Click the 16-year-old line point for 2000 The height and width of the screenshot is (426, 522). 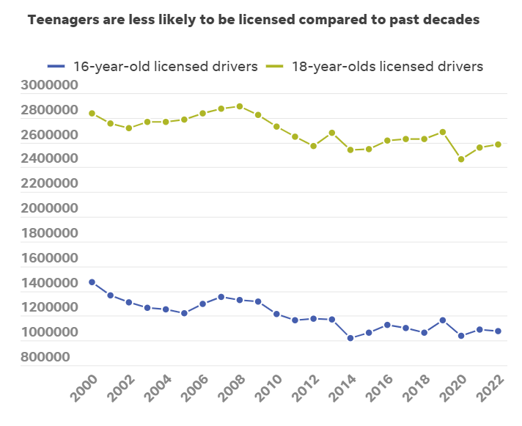[x=92, y=282]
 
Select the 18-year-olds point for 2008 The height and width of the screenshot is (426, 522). [x=240, y=106]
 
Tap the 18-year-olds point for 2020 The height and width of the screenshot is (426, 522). [x=461, y=159]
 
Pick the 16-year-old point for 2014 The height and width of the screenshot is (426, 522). [x=350, y=338]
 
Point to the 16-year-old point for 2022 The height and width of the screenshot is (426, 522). [x=498, y=331]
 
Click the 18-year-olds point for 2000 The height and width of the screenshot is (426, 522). [x=92, y=114]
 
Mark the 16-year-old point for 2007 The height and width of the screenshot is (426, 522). [x=221, y=297]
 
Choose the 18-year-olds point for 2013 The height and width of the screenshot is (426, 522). [x=332, y=133]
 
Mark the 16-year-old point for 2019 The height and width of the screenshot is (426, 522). [x=443, y=320]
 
